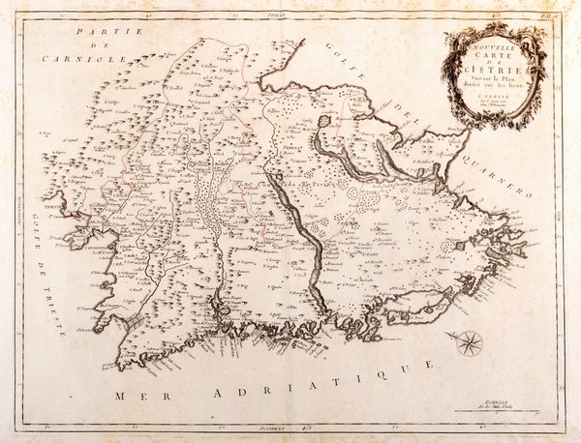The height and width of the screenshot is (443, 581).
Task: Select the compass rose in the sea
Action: [468, 341]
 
